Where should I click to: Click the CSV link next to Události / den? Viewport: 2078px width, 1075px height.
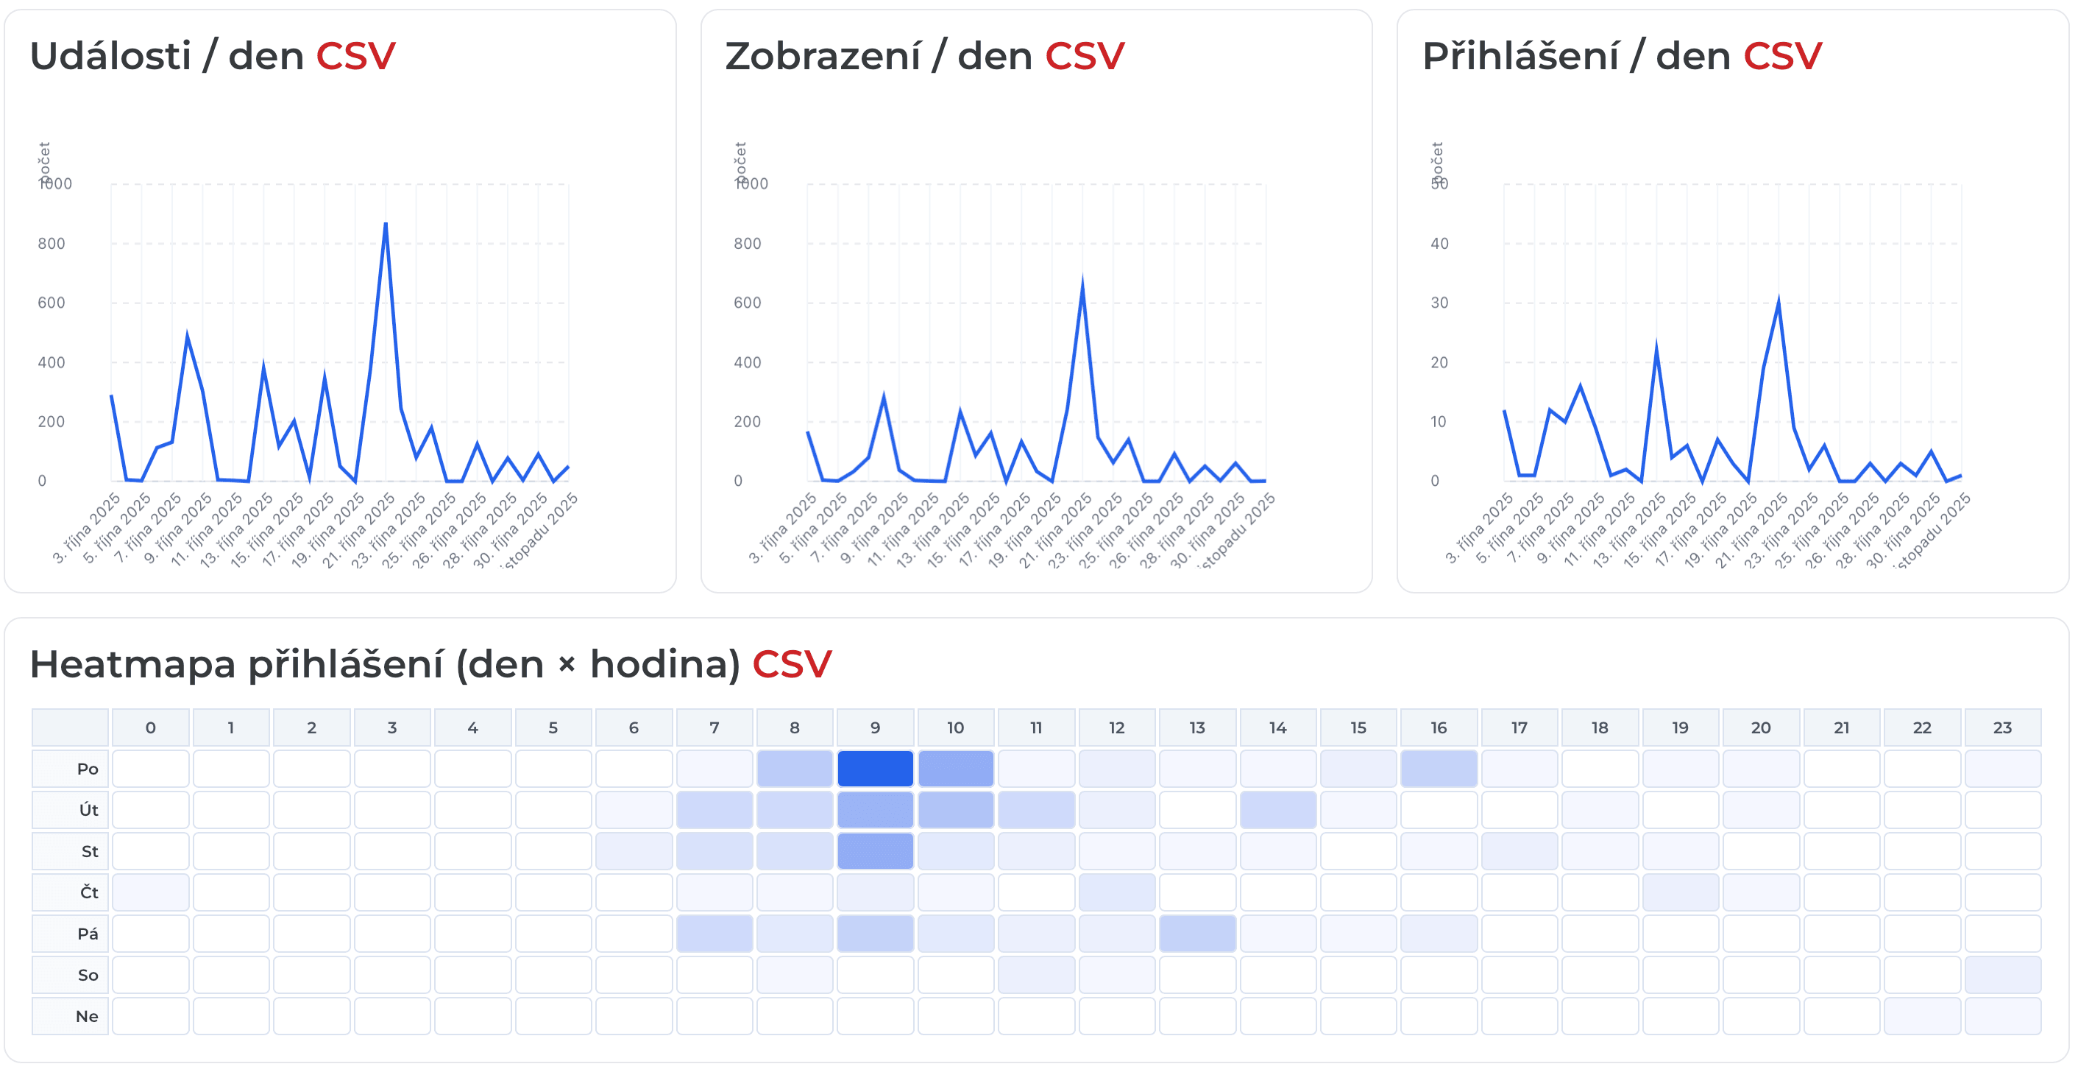(x=355, y=57)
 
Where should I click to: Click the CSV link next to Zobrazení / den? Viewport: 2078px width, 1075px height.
(x=1084, y=57)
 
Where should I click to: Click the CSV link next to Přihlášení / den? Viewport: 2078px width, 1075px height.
(x=1782, y=57)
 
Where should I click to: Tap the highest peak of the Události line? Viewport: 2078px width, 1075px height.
(x=386, y=224)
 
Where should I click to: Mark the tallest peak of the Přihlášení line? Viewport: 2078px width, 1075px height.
(x=1778, y=301)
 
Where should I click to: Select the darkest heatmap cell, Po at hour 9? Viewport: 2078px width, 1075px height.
(x=874, y=768)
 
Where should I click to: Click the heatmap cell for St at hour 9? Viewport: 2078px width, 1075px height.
(x=874, y=851)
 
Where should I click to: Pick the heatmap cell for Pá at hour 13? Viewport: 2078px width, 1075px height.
(x=1196, y=934)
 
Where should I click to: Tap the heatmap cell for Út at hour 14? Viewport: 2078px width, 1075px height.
(x=1277, y=809)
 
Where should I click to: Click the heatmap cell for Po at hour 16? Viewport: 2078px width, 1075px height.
(x=1439, y=768)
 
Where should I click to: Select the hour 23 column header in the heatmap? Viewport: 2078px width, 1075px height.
(x=2002, y=728)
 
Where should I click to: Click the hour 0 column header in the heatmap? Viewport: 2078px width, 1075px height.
(x=150, y=728)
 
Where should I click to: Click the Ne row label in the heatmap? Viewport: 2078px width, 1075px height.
(x=86, y=1017)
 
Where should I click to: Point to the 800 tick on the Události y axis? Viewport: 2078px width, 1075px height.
(x=51, y=244)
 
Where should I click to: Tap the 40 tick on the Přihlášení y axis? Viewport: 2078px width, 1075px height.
(x=1439, y=244)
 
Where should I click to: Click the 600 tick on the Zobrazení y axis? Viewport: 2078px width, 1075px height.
(x=747, y=303)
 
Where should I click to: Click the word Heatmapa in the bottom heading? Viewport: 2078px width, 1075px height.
(x=132, y=665)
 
